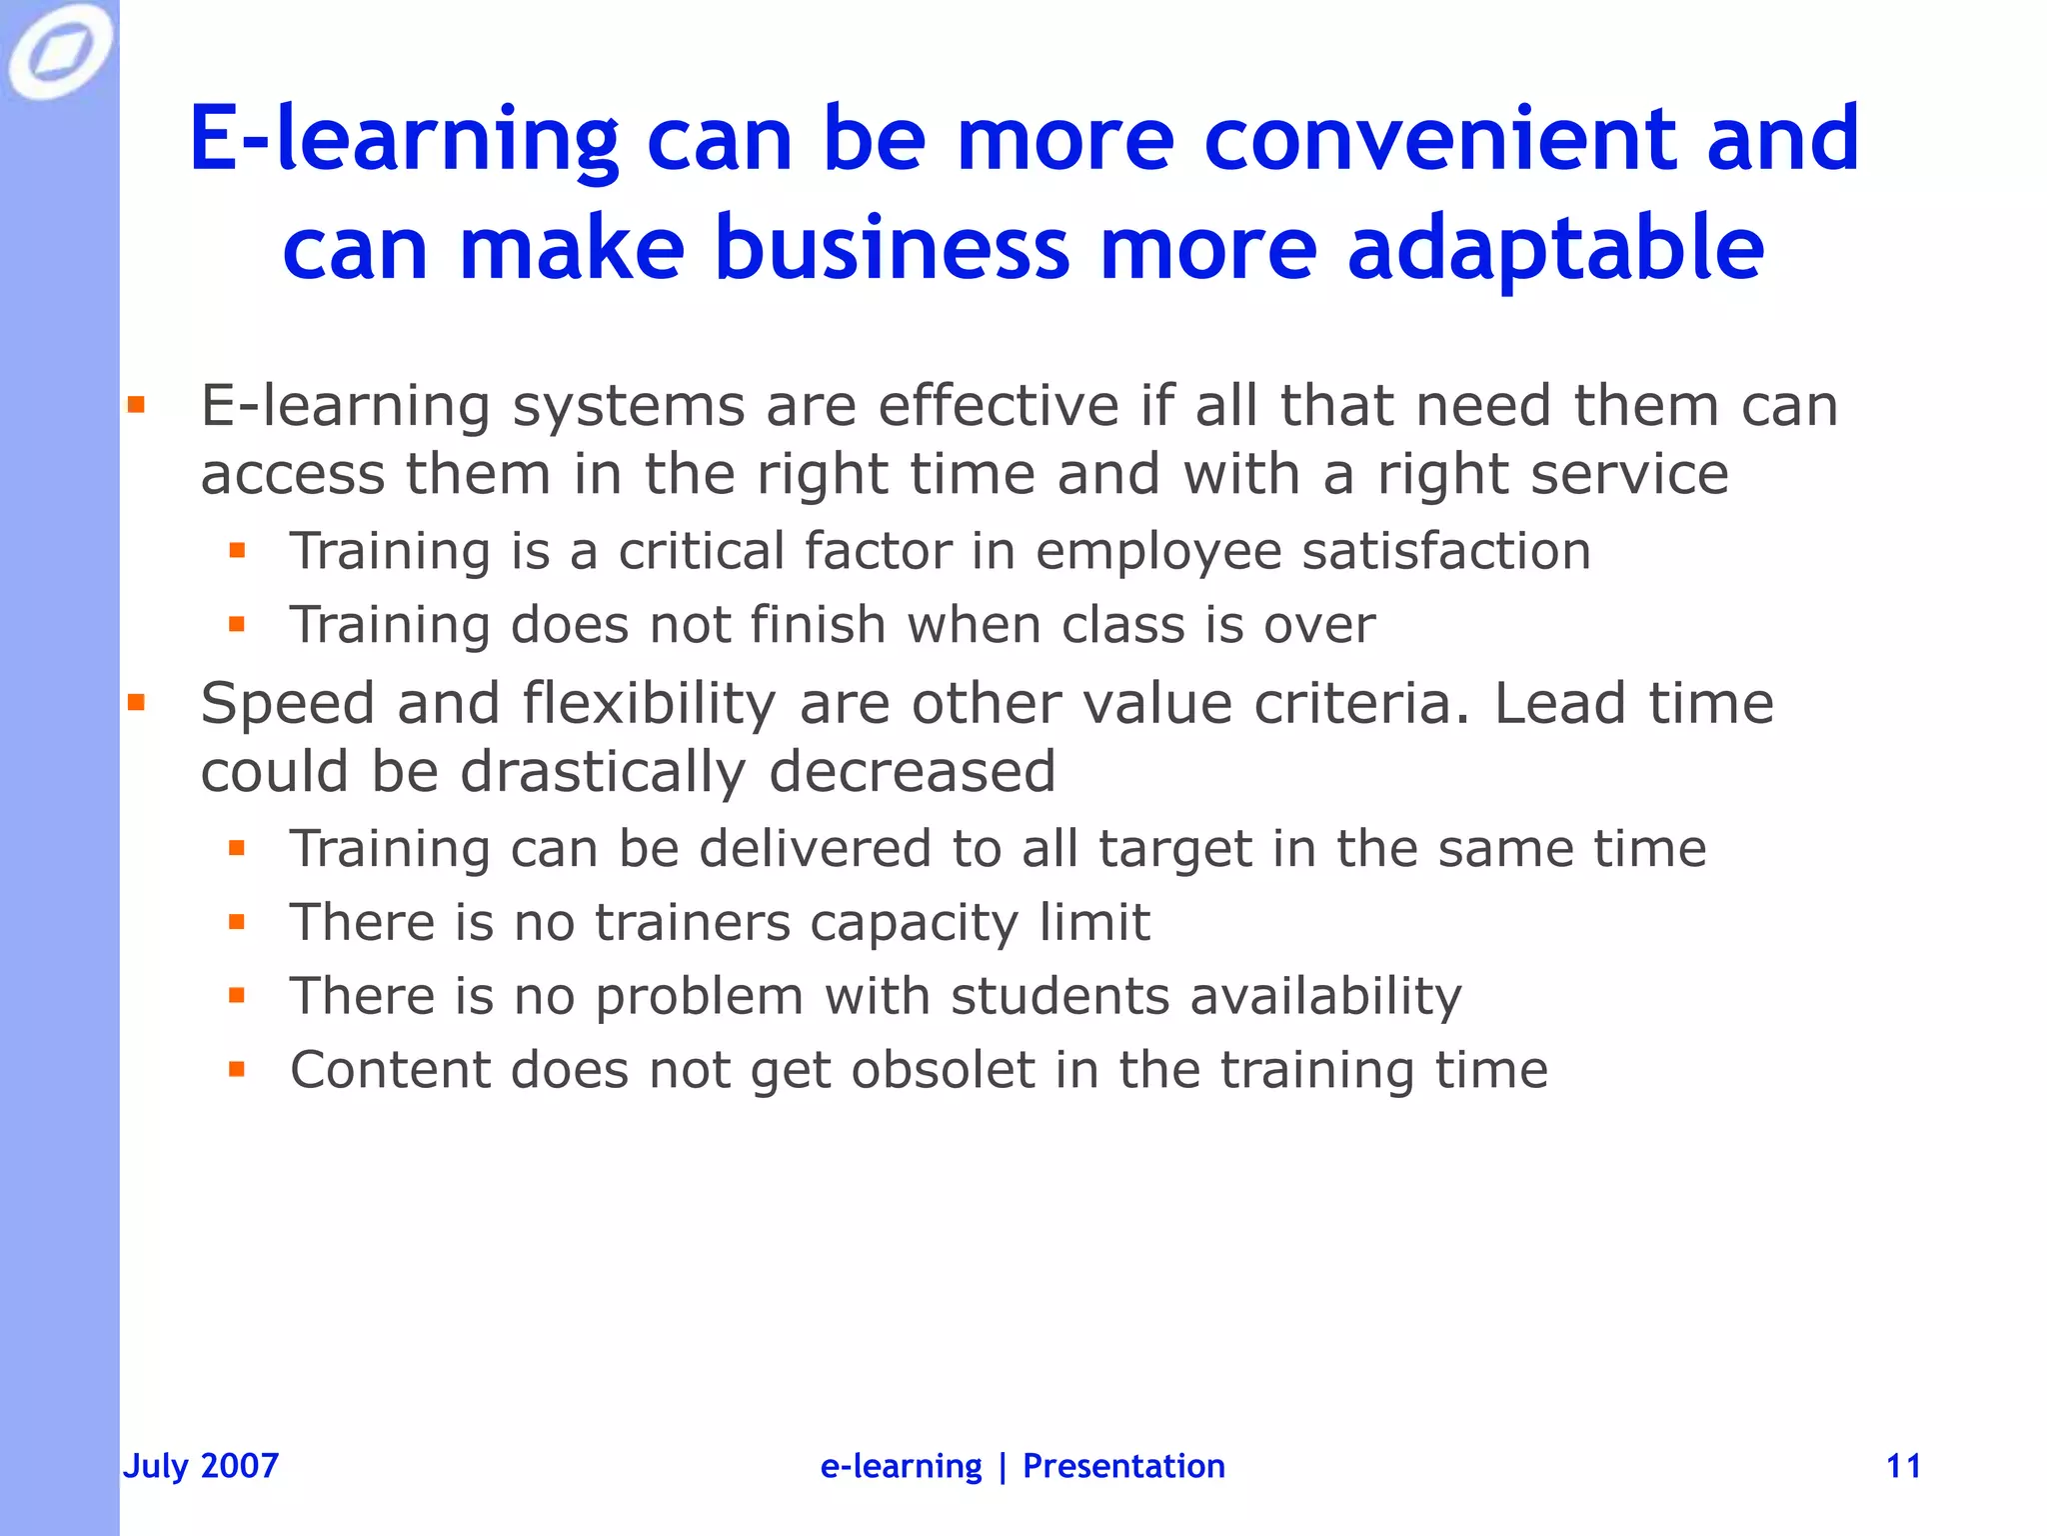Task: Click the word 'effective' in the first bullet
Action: point(999,406)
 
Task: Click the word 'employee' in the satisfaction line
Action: point(1158,551)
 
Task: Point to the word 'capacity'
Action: point(915,922)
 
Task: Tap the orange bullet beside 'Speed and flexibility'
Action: point(136,703)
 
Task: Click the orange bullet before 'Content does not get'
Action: point(237,1070)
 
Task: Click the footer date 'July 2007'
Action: point(201,1466)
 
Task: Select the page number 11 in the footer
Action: point(1903,1466)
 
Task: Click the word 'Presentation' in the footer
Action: point(1123,1466)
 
